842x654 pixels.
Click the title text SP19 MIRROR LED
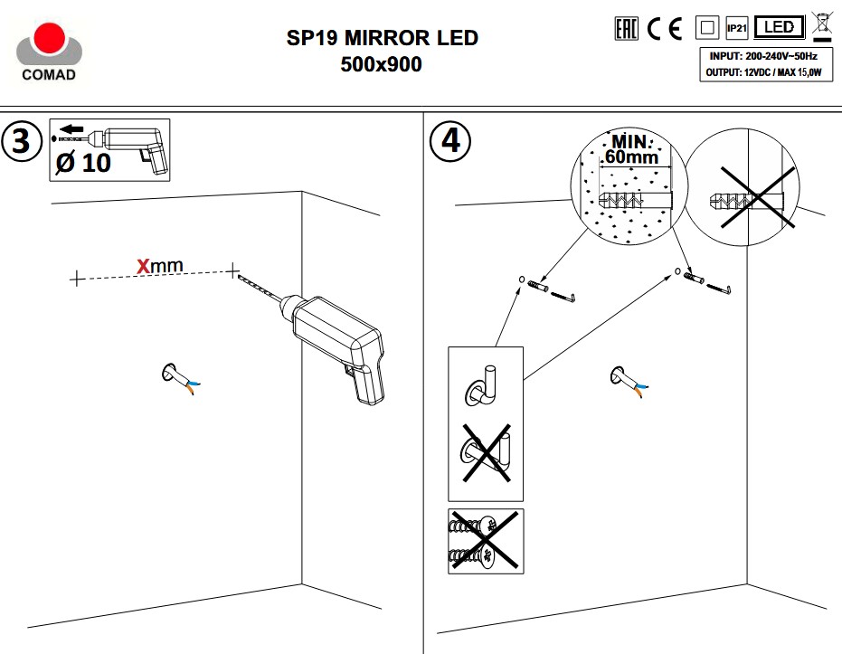point(381,39)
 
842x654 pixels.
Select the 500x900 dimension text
point(381,64)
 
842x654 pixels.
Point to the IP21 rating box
point(736,29)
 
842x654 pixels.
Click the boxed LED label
point(779,28)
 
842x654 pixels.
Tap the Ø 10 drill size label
point(82,163)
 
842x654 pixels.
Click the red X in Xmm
point(142,266)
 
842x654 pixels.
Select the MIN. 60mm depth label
point(631,149)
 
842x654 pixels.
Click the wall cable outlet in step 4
point(624,377)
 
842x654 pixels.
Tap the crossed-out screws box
point(485,540)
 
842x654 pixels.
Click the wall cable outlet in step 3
point(177,375)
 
